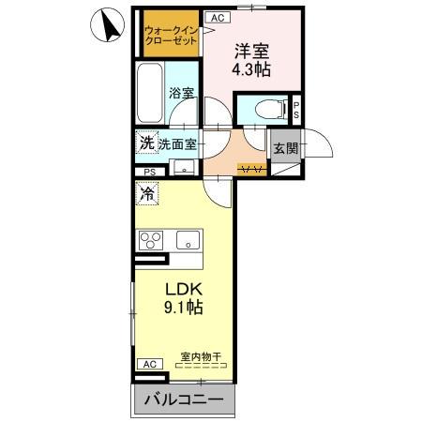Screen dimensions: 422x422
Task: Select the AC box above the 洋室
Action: coord(215,17)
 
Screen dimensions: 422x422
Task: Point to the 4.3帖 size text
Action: coord(251,70)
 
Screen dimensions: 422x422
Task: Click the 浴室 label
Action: coord(181,94)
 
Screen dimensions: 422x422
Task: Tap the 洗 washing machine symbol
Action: coord(145,143)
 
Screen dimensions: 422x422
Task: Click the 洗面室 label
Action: coord(177,144)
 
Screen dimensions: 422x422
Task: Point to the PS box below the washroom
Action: coord(150,172)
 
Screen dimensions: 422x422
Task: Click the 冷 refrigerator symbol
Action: coord(147,194)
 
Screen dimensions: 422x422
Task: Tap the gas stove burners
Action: coord(152,240)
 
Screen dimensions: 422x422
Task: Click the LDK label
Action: coord(183,288)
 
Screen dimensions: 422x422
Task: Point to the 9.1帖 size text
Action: coord(183,307)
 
